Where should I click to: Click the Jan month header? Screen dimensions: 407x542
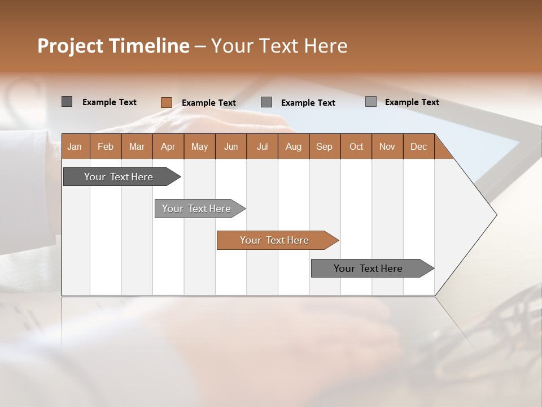pyautogui.click(x=75, y=146)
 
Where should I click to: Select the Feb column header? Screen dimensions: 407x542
pyautogui.click(x=106, y=146)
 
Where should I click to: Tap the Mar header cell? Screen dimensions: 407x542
pyautogui.click(x=137, y=146)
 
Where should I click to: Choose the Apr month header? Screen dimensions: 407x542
pyautogui.click(x=168, y=146)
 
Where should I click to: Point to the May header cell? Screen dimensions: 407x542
pyautogui.click(x=199, y=146)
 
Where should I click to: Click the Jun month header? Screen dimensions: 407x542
pyautogui.click(x=231, y=146)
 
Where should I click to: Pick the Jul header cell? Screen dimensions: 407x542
pyautogui.click(x=262, y=146)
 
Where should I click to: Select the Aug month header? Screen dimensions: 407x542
pyautogui.click(x=294, y=146)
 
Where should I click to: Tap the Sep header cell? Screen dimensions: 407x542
pyautogui.click(x=325, y=146)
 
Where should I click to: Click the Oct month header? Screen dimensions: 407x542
pyautogui.click(x=356, y=146)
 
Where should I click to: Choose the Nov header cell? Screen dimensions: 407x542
pyautogui.click(x=387, y=146)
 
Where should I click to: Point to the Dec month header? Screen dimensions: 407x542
pyautogui.click(x=419, y=146)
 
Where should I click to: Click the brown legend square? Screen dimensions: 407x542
pyautogui.click(x=166, y=102)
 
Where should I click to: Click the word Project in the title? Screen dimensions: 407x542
pyautogui.click(x=69, y=46)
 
